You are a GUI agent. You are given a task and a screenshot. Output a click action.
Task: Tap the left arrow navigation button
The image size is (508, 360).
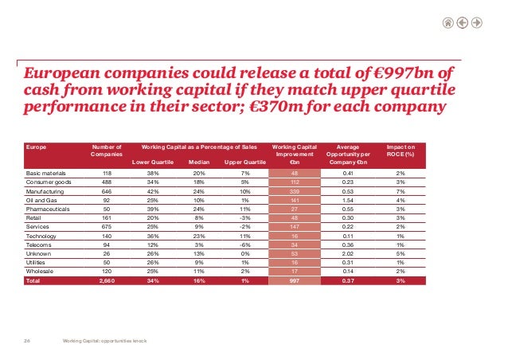pyautogui.click(x=463, y=22)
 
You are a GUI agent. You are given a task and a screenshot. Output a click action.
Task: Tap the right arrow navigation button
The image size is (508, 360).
pyautogui.click(x=477, y=22)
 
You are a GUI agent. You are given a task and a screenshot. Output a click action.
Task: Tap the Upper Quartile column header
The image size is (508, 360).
pyautogui.click(x=244, y=163)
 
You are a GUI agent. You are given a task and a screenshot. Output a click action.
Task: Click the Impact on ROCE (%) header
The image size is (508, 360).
pyautogui.click(x=404, y=151)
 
